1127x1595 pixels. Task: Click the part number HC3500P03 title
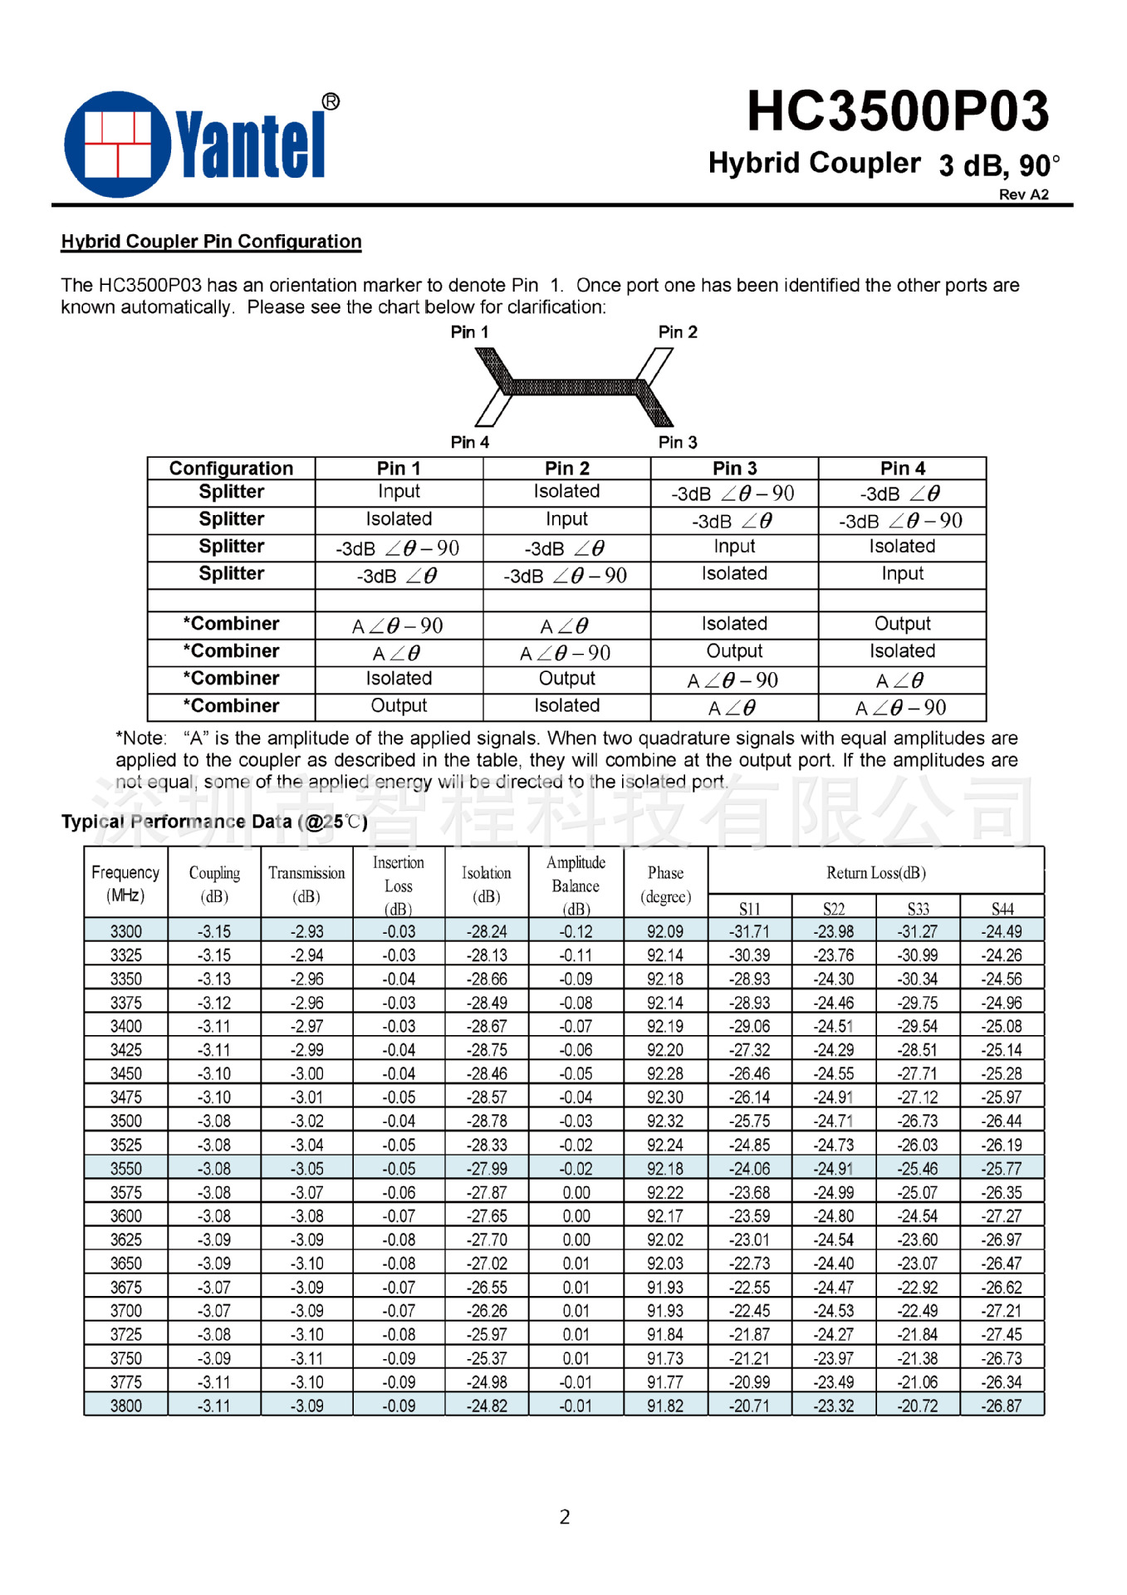[x=897, y=111]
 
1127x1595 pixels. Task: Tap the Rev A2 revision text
[x=1023, y=194]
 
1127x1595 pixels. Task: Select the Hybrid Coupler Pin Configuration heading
[x=211, y=242]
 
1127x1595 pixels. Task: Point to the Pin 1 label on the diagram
[x=469, y=332]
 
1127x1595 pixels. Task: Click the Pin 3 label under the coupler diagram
[x=678, y=442]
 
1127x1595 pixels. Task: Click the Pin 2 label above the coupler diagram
[x=678, y=332]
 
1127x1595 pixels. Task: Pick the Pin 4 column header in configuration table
[x=902, y=469]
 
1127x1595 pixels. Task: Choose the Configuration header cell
[x=231, y=469]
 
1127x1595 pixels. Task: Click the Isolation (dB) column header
[x=487, y=884]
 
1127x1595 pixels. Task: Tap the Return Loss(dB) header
[x=875, y=873]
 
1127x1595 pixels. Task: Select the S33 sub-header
[x=918, y=909]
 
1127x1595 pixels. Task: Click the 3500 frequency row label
[x=126, y=1121]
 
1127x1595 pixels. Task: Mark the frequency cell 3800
[x=126, y=1406]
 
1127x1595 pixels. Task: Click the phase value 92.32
[x=665, y=1121]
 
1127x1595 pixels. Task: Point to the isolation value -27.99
[x=487, y=1169]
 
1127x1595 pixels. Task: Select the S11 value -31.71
[x=749, y=932]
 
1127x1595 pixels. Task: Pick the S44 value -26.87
[x=1002, y=1406]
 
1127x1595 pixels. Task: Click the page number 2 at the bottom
[x=565, y=1517]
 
